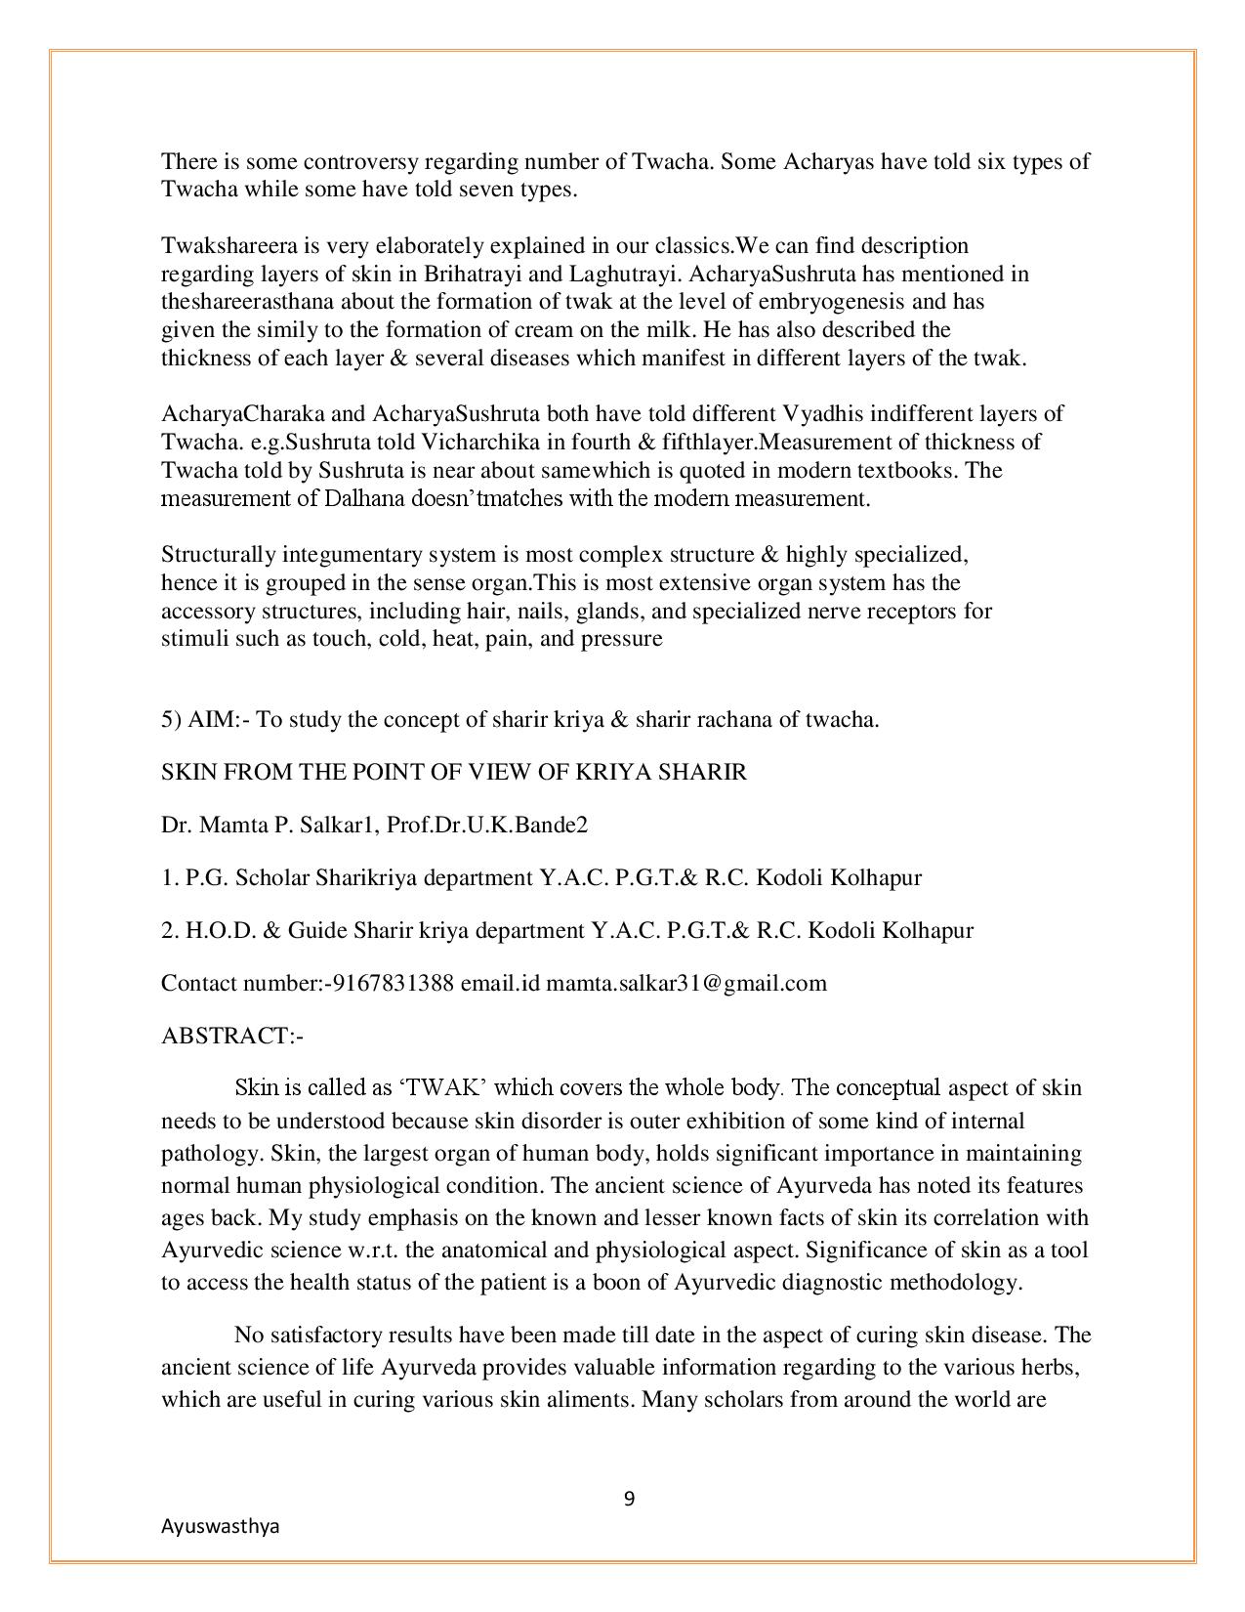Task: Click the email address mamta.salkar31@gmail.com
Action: coord(685,983)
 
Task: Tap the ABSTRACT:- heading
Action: coord(232,1036)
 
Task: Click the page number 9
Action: coord(629,1499)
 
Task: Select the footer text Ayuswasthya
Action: coord(220,1526)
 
